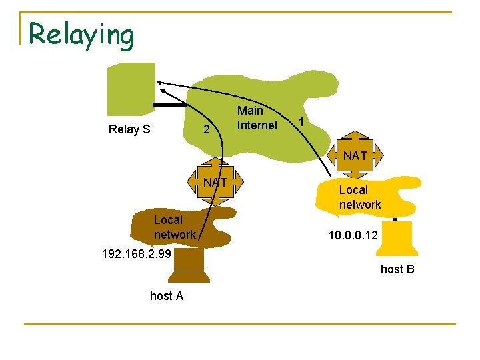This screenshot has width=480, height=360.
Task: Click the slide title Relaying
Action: [81, 34]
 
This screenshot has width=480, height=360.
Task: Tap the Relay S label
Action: [129, 129]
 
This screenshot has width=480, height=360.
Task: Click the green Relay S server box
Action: [132, 89]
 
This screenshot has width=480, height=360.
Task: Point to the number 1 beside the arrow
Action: [302, 122]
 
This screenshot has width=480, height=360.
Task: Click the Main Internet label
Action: [257, 118]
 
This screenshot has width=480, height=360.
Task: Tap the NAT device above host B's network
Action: [355, 156]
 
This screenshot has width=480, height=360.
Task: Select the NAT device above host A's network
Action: [216, 181]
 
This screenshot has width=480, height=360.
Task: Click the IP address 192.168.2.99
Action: [136, 253]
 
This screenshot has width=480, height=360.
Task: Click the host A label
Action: [167, 296]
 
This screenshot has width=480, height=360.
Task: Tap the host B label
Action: [397, 269]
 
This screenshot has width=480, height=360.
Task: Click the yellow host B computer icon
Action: [398, 238]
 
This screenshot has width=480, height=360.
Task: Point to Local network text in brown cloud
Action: [175, 227]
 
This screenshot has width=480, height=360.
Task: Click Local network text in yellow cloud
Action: [360, 197]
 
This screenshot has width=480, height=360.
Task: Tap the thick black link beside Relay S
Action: [169, 105]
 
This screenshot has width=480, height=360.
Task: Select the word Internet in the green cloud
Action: [257, 125]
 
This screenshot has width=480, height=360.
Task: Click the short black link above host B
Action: [395, 219]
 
